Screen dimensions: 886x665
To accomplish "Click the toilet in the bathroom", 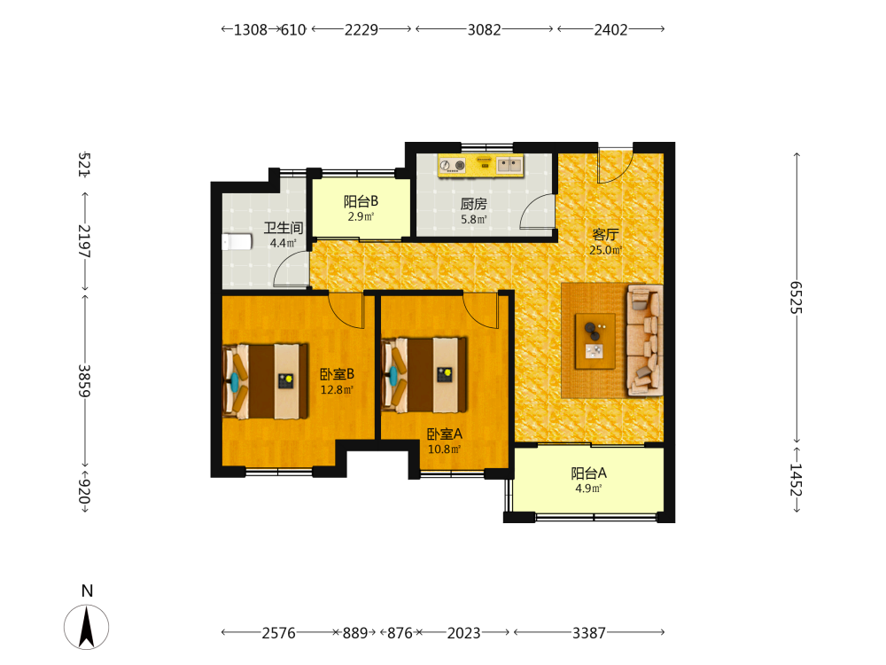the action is (237, 242).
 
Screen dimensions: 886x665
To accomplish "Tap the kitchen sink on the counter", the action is (509, 165).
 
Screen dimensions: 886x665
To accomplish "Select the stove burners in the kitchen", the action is (452, 165).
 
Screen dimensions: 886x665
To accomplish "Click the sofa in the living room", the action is (645, 340).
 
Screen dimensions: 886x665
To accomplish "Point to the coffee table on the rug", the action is (595, 341).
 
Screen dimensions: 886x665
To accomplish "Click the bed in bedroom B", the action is (266, 381).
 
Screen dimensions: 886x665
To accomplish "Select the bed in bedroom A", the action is (424, 375).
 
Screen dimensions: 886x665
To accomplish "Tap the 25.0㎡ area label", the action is (606, 250).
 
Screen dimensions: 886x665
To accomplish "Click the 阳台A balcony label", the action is (589, 473).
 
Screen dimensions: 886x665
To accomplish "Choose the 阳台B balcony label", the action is (361, 201).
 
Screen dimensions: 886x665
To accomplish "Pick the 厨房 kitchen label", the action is (473, 204).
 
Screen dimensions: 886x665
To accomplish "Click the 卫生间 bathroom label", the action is (284, 228).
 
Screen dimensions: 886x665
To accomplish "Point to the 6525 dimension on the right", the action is (797, 297).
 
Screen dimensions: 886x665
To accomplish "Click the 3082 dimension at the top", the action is (485, 29).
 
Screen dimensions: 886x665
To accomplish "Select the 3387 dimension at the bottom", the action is (589, 633).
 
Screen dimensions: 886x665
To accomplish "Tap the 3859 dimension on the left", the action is (84, 380).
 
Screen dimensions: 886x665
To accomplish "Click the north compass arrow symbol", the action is (87, 627).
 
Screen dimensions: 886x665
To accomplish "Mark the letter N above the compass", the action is (87, 591).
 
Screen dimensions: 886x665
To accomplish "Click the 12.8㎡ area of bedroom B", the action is (337, 389).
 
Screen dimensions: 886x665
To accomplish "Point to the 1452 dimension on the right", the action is (797, 480).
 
